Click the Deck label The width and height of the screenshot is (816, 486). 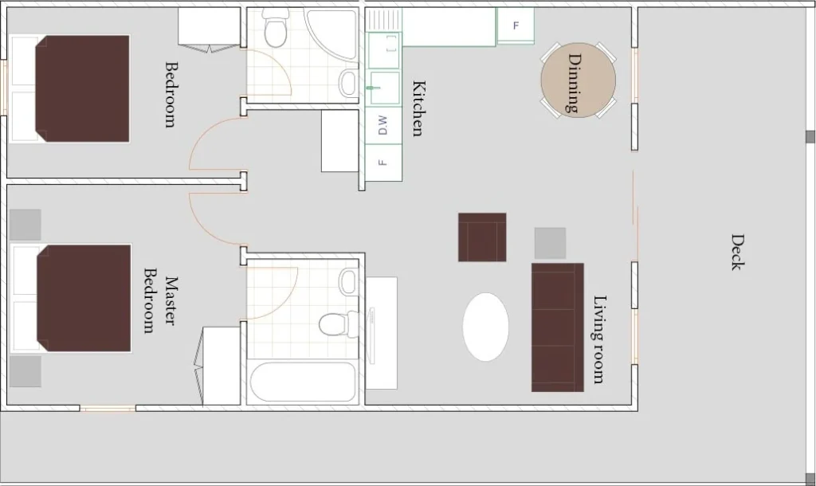click(737, 253)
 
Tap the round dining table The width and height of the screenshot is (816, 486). click(579, 80)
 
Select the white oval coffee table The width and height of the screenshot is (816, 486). click(485, 327)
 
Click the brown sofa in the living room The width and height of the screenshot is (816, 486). click(557, 327)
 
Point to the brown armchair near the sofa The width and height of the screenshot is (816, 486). click(482, 237)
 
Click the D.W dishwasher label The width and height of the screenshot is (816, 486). click(383, 125)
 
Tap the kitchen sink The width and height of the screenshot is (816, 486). click(384, 88)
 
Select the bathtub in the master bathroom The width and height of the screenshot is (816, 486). click(303, 382)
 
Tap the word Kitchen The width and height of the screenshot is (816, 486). click(418, 108)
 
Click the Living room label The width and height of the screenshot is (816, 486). click(599, 339)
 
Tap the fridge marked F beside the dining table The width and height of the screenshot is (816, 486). click(516, 25)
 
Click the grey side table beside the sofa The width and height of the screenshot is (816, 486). click(550, 243)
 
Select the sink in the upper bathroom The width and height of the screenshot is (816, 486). click(348, 83)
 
